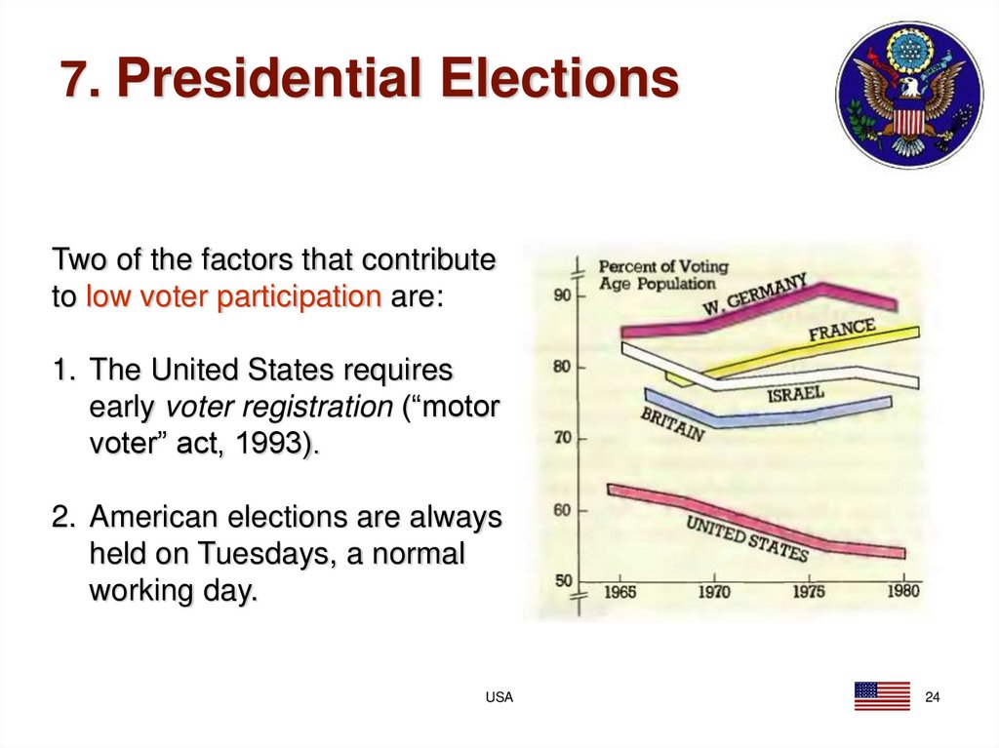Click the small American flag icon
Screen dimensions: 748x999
coord(881,695)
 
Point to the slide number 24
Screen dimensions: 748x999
coord(932,696)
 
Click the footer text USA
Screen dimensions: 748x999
coord(499,697)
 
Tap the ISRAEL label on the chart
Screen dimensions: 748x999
coord(795,395)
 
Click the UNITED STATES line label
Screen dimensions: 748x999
coord(746,538)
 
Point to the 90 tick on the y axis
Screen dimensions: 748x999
coord(562,295)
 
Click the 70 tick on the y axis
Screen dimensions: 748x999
coord(562,439)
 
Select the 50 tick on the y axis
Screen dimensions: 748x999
coord(562,582)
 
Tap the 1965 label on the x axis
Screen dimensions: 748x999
coord(620,592)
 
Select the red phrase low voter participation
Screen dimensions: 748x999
coord(233,297)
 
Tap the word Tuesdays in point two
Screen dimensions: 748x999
coord(260,554)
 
